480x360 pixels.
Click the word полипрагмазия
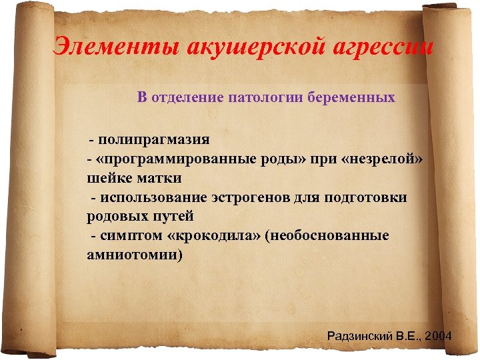pos(154,140)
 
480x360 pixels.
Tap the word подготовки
pos(365,198)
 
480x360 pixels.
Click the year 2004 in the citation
pos(437,335)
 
